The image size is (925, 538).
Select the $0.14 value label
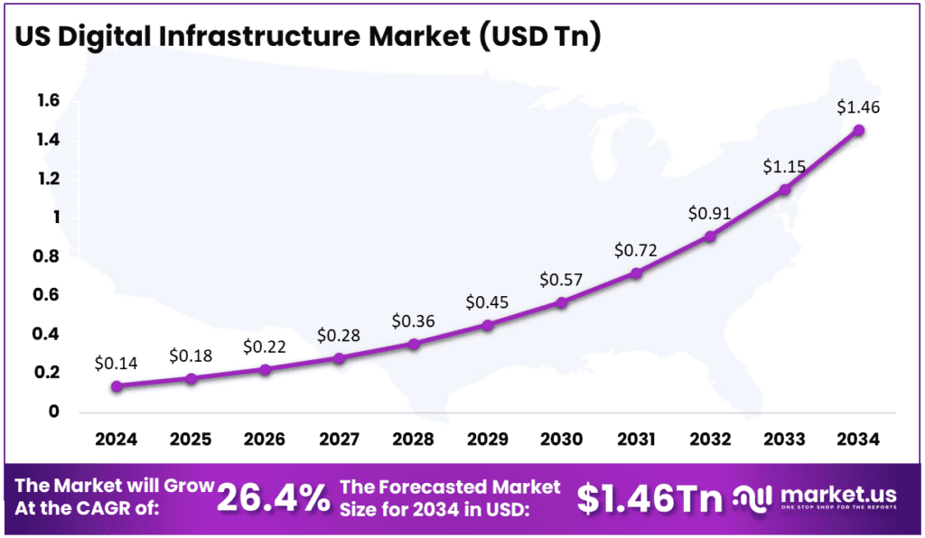tap(117, 364)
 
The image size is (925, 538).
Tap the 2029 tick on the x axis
tap(488, 440)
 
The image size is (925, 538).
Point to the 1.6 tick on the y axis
tap(48, 100)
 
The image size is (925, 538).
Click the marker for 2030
tap(562, 302)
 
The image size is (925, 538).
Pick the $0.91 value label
tap(710, 215)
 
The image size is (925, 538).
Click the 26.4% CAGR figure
tap(274, 497)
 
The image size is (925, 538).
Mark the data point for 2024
tap(117, 386)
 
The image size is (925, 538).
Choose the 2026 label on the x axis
tap(265, 440)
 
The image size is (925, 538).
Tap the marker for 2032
tap(710, 237)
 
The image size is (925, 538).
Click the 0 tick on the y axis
tap(53, 412)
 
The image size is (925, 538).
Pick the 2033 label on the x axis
tap(784, 440)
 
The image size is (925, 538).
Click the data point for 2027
tap(339, 358)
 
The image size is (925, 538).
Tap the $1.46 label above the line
tap(858, 107)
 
